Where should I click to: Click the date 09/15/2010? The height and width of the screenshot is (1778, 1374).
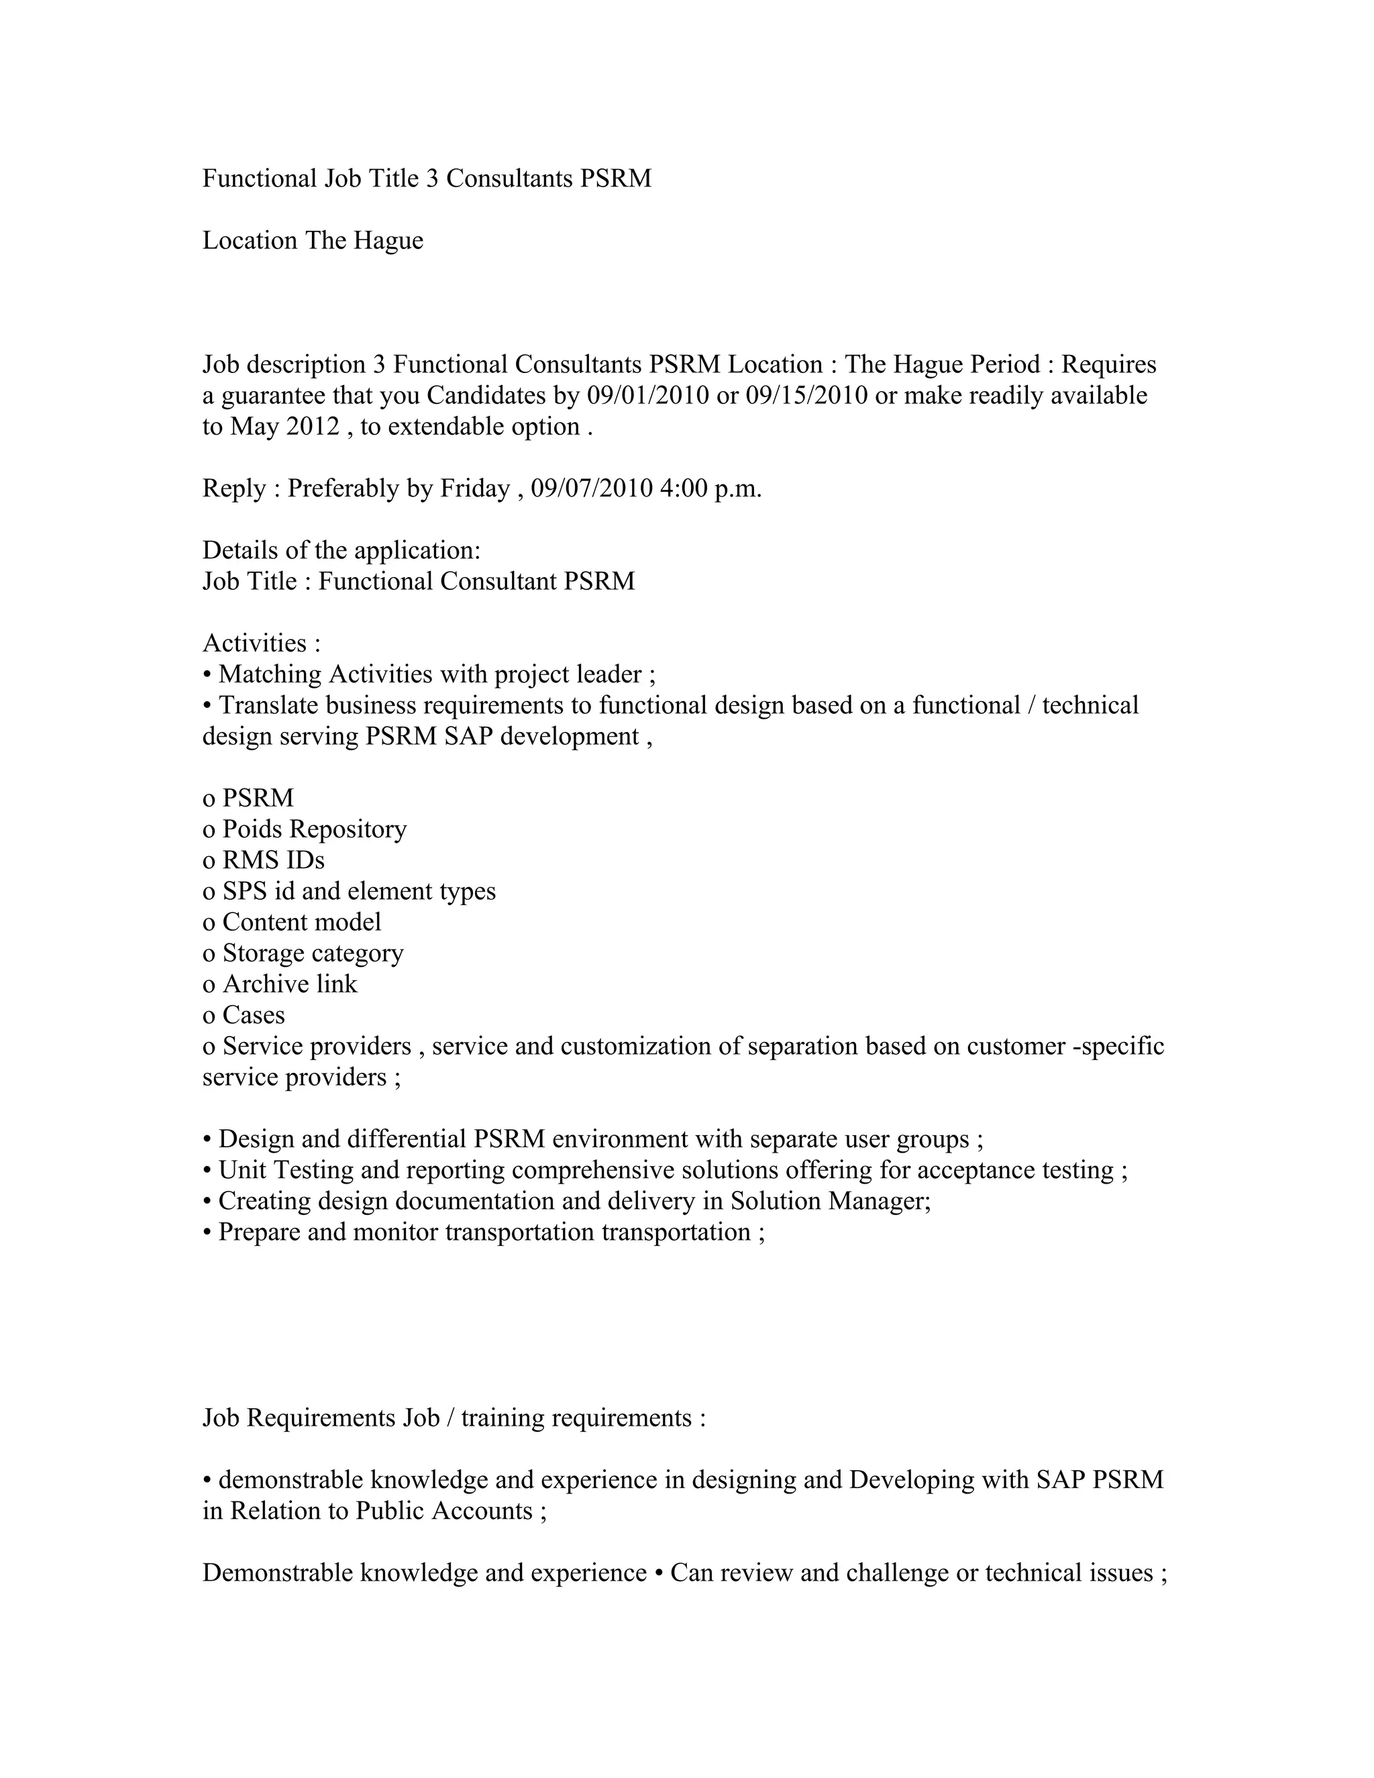806,396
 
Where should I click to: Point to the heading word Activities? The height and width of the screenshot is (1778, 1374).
254,643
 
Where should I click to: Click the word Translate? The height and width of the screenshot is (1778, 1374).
268,705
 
